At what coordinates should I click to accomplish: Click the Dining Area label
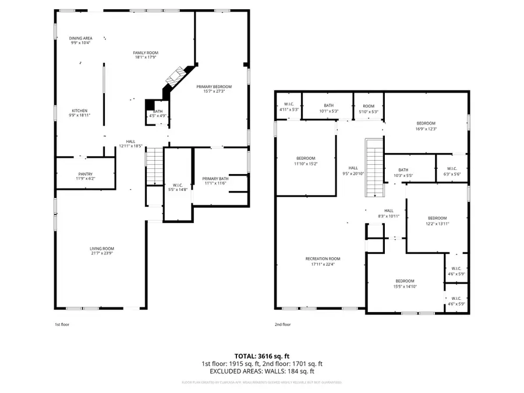[x=81, y=38]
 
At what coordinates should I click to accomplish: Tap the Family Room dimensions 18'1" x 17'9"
[x=146, y=58]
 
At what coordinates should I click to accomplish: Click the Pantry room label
[x=86, y=174]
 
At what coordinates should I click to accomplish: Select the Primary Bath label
[x=215, y=179]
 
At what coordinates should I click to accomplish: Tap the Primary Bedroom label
[x=218, y=86]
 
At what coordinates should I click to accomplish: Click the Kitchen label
[x=80, y=111]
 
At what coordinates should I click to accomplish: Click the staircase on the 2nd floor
[x=373, y=168]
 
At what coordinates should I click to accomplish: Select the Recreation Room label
[x=323, y=259]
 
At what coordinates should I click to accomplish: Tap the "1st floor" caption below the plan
[x=62, y=324]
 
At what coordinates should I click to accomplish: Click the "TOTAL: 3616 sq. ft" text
[x=261, y=355]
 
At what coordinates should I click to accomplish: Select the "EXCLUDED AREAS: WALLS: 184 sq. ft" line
[x=261, y=371]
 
